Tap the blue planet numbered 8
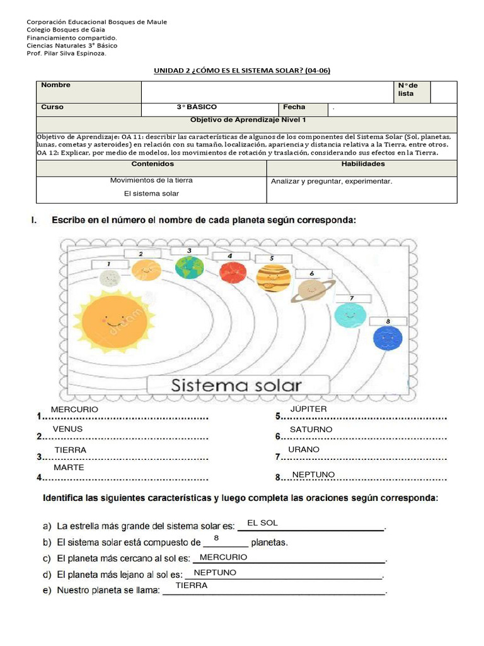(x=387, y=339)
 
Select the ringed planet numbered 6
(x=309, y=290)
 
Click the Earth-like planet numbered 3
(x=189, y=267)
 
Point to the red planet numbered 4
(x=232, y=272)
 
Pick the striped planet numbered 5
(x=273, y=278)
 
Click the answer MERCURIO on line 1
(x=74, y=410)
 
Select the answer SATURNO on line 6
(x=311, y=430)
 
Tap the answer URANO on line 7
(x=304, y=450)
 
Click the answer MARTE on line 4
(x=69, y=468)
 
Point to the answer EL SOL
(x=262, y=523)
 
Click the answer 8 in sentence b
(x=216, y=538)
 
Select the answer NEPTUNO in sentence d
(x=215, y=573)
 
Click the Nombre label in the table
(x=56, y=85)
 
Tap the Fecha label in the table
(x=294, y=107)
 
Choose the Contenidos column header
(x=151, y=164)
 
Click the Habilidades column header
(x=362, y=164)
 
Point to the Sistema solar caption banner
(x=237, y=385)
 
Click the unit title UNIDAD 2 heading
(x=242, y=71)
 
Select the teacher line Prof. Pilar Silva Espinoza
(x=66, y=54)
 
